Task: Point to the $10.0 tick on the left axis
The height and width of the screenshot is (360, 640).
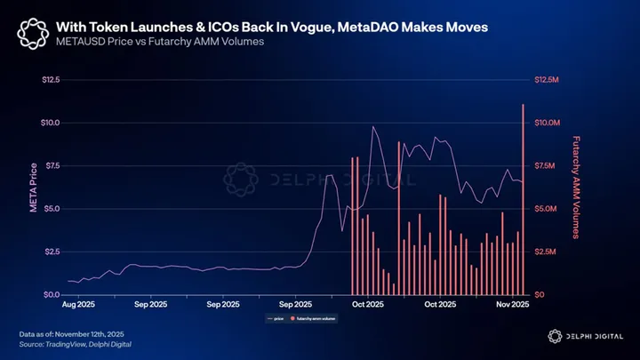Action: (50, 123)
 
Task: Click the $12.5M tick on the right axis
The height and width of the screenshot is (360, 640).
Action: (545, 80)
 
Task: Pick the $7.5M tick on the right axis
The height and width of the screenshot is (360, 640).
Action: (543, 166)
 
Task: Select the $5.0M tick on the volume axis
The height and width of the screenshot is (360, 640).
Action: (543, 209)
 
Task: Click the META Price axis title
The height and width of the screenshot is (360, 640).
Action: (33, 187)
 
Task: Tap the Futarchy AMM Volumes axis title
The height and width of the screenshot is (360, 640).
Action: (576, 187)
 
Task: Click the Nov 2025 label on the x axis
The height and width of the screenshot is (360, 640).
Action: (510, 304)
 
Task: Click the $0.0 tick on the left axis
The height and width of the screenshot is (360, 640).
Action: (50, 294)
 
